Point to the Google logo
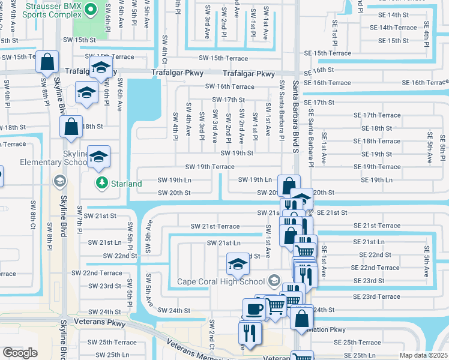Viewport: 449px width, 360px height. (x=20, y=353)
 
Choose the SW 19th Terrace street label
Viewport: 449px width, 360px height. (x=209, y=167)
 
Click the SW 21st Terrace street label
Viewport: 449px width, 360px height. (x=215, y=226)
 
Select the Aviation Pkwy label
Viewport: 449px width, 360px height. (x=328, y=329)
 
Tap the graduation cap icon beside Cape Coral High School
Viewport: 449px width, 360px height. (x=238, y=262)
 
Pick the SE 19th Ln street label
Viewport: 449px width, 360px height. (x=376, y=180)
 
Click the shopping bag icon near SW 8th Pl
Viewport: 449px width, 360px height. (x=46, y=61)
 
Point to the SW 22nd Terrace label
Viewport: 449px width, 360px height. (x=97, y=272)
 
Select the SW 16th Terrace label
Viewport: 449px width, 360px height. (x=229, y=86)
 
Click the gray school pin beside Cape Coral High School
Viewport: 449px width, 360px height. (x=274, y=280)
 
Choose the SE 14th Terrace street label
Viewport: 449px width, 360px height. (x=393, y=28)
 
